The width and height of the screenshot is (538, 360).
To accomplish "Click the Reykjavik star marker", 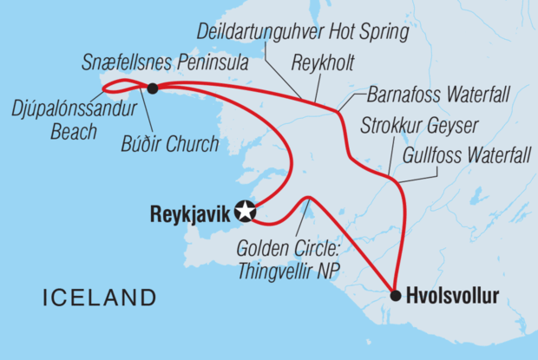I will point(246,210).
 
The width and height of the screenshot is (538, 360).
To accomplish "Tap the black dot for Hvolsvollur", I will point(396,296).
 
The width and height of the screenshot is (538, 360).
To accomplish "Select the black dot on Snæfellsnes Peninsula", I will point(153,88).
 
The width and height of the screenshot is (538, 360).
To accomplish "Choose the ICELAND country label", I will point(100,298).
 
